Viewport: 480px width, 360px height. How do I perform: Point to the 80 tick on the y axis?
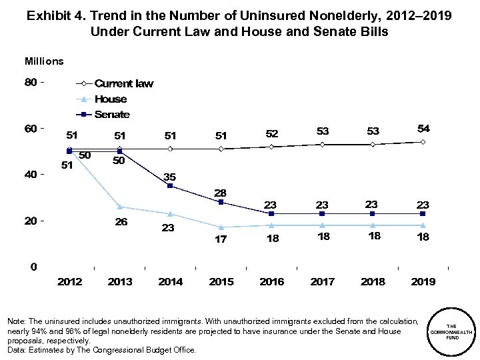coord(31,83)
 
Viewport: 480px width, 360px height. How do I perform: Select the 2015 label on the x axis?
coord(221,282)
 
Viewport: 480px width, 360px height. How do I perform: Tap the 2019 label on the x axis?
coord(423,282)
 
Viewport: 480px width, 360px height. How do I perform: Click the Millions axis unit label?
coord(45,61)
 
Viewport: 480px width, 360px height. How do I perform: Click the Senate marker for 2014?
coord(171,186)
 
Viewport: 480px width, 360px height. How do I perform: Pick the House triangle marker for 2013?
coord(120,207)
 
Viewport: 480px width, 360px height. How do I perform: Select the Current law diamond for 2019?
coord(423,142)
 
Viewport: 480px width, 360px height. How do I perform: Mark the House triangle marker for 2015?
coord(221,227)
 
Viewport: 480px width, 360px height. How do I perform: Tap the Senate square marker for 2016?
coord(271,213)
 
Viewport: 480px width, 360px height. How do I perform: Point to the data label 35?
coord(171,176)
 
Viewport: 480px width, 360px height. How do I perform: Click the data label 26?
coord(120,221)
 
